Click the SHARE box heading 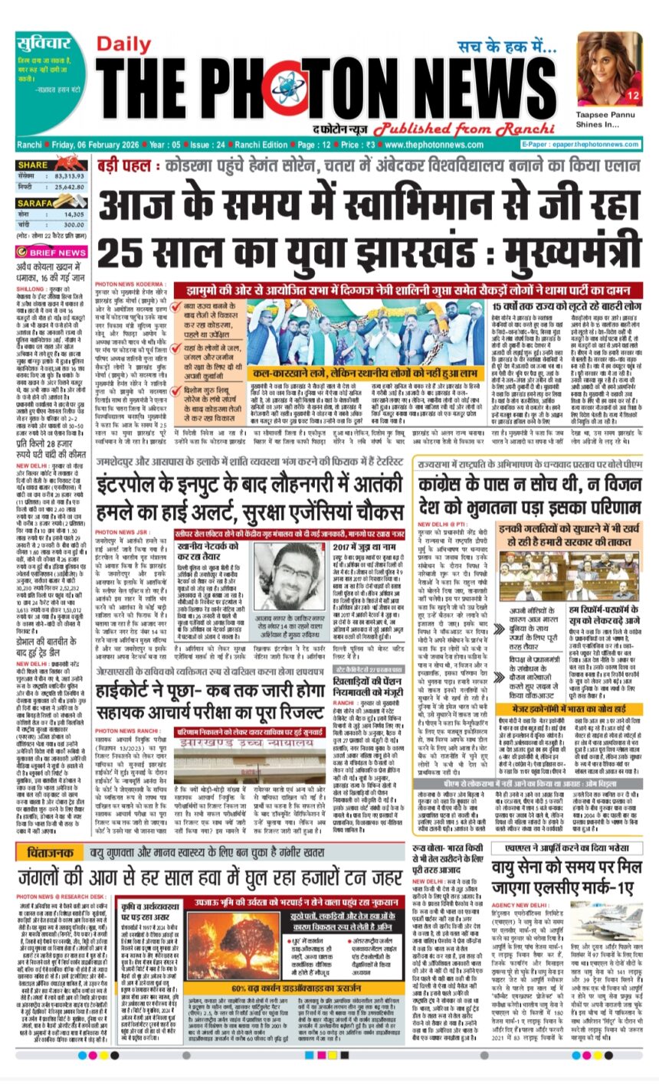click(34, 165)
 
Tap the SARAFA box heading click(38, 204)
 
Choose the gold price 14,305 click(70, 214)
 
